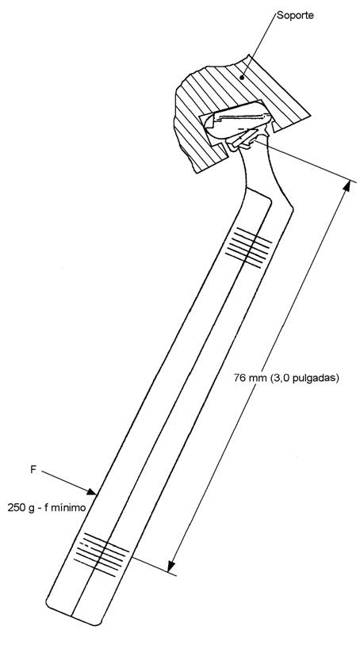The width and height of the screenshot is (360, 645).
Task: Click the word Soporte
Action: [x=296, y=16]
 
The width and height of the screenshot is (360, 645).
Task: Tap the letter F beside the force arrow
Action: [x=34, y=469]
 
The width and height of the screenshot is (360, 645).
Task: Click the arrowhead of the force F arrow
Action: [x=92, y=491]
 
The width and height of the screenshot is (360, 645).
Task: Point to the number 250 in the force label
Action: [x=17, y=508]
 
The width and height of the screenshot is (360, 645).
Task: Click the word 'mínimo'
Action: [x=71, y=508]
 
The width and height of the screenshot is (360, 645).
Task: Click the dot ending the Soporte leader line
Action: [x=243, y=76]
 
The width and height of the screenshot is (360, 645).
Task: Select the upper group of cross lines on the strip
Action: [x=249, y=247]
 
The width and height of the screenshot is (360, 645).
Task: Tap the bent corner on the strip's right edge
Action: [x=293, y=211]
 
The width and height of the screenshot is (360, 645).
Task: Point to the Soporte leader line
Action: [x=259, y=45]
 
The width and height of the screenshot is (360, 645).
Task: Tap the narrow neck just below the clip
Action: [x=256, y=165]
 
